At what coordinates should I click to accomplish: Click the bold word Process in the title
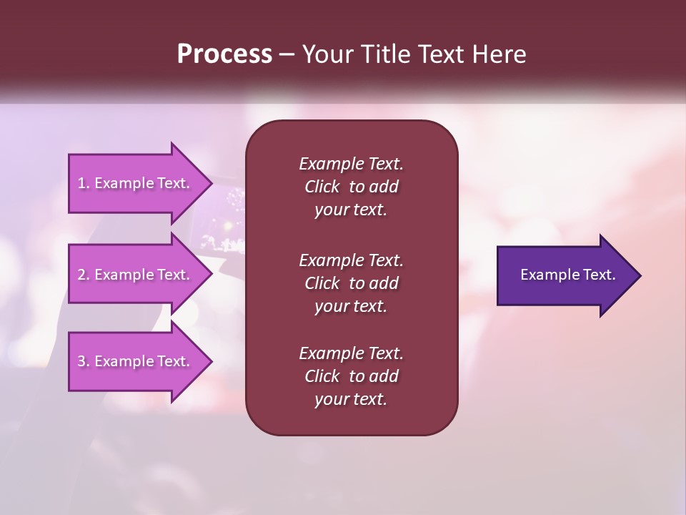[x=224, y=54]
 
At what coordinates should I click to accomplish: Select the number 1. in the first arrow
[x=84, y=183]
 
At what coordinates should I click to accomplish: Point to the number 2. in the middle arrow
[x=84, y=275]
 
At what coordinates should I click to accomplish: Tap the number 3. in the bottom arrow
[x=84, y=361]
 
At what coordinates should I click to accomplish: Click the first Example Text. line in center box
[x=351, y=164]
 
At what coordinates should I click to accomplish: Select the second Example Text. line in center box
[x=351, y=260]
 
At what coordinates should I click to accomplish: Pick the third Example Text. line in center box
[x=351, y=353]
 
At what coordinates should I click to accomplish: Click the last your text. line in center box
[x=351, y=399]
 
